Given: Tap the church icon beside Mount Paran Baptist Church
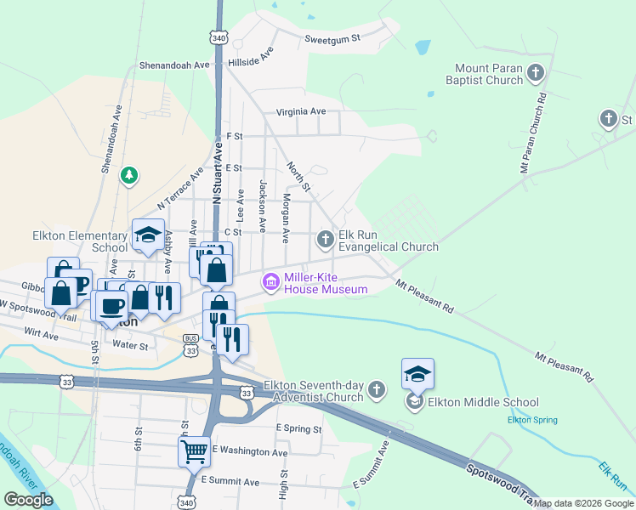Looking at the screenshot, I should tap(536, 73).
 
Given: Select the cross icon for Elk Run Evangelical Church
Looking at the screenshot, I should tap(325, 240).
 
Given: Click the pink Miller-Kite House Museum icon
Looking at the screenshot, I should tap(271, 282).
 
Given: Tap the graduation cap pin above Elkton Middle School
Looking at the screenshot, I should tap(417, 374).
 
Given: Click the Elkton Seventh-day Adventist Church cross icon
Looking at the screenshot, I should tap(378, 391).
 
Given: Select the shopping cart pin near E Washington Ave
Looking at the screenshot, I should tap(194, 450).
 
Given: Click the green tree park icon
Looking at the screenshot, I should tap(129, 175).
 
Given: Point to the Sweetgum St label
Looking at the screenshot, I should tap(333, 38).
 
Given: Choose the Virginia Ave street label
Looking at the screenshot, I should tap(300, 111).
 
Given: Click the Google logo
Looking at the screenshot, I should tap(29, 500).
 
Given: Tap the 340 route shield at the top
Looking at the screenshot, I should tap(219, 38).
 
